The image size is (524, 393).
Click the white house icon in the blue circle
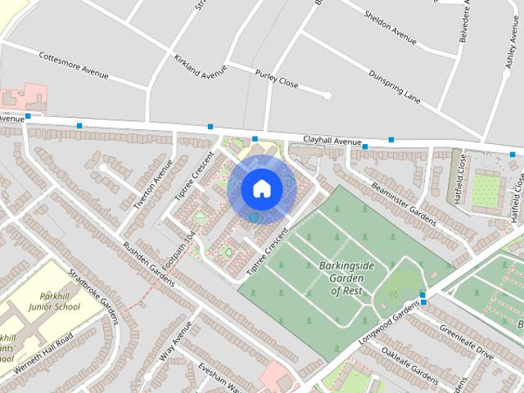point(261,188)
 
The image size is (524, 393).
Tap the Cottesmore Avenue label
point(73,65)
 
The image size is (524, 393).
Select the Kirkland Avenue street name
point(200,66)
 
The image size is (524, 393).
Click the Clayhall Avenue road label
point(332,141)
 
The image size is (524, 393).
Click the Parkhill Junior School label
point(59,301)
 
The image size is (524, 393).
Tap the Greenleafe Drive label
point(466,342)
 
